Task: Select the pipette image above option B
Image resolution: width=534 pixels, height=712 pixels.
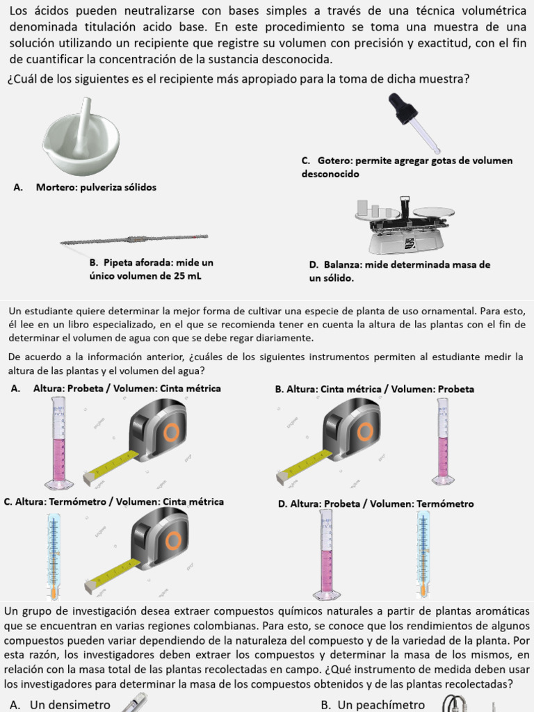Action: click(x=133, y=240)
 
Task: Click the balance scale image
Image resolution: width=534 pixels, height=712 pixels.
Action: click(x=403, y=224)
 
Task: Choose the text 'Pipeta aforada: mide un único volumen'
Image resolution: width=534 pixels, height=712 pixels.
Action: click(x=151, y=270)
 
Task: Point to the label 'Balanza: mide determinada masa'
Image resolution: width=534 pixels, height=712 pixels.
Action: click(x=399, y=271)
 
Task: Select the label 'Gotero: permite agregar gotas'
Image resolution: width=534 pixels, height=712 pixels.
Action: click(x=407, y=167)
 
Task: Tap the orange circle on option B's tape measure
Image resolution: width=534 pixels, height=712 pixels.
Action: click(x=364, y=432)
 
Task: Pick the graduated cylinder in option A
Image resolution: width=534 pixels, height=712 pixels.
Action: click(x=58, y=443)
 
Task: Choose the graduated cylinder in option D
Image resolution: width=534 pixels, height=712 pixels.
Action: click(x=325, y=554)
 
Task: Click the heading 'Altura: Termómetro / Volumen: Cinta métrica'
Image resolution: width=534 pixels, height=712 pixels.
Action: click(x=114, y=502)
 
